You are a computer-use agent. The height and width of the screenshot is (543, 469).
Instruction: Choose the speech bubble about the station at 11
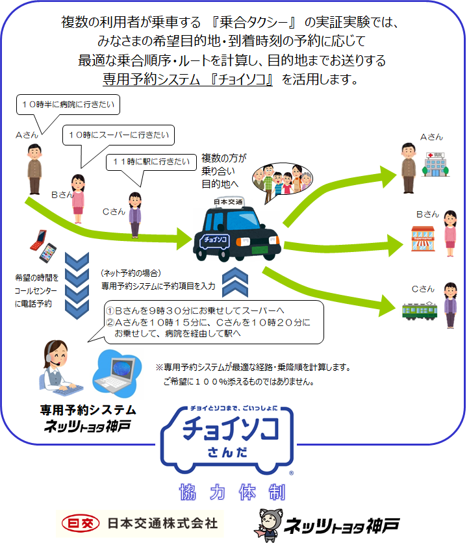(151, 162)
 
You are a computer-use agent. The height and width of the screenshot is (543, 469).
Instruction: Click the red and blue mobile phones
(43, 246)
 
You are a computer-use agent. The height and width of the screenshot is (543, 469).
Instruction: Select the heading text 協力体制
(232, 492)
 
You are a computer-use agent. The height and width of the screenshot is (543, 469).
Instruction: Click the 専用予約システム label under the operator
(88, 410)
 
